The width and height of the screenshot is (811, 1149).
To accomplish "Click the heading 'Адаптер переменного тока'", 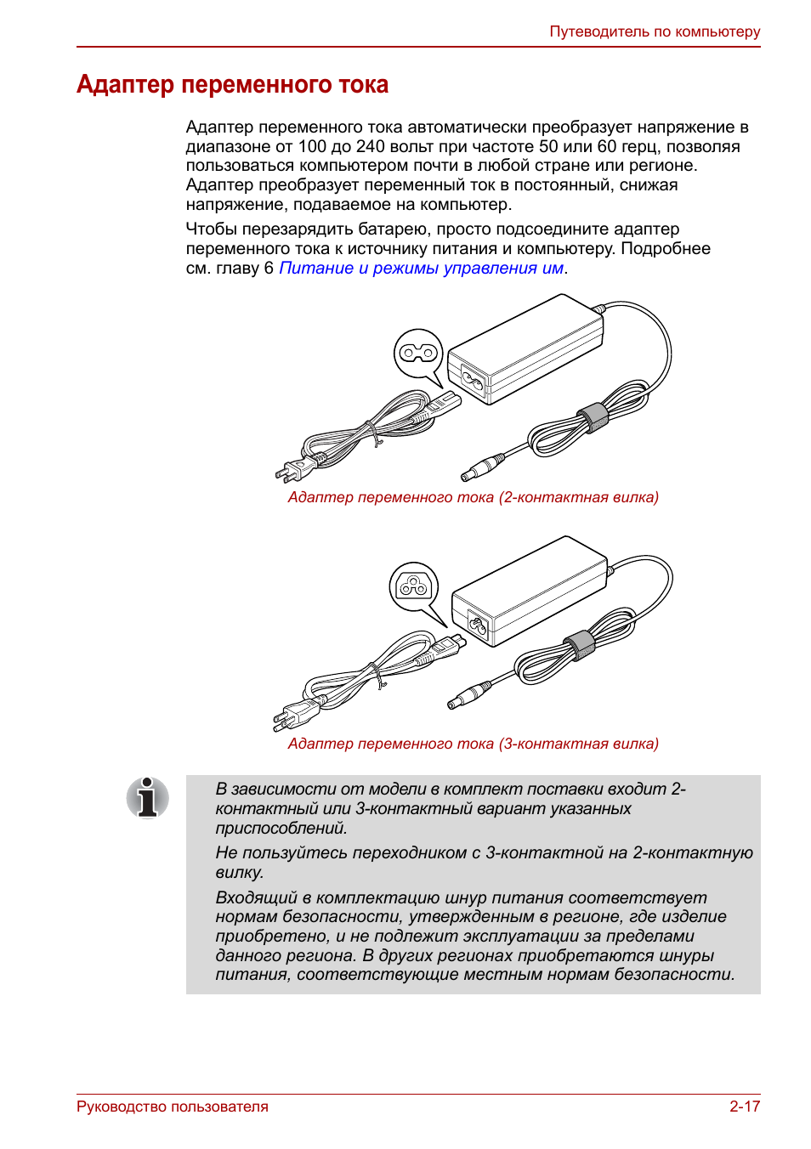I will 232,85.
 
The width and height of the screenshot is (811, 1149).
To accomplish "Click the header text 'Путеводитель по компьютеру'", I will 655,32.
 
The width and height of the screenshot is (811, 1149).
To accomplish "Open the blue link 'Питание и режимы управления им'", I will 421,269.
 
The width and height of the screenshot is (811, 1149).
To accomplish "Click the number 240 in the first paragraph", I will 370,147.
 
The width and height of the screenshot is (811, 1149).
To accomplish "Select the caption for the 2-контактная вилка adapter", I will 473,497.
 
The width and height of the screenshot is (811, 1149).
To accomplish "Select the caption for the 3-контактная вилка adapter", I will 473,744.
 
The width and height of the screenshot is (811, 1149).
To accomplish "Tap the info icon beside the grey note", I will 148,798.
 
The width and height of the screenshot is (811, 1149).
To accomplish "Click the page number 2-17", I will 744,1107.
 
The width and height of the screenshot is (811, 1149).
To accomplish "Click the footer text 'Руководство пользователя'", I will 173,1107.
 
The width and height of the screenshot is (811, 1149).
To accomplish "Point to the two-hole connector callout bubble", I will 418,352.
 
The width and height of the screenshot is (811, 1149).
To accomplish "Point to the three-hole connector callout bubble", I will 414,586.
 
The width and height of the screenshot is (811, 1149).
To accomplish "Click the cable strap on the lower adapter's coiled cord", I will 581,645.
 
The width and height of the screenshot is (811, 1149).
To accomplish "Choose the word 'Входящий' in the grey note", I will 256,898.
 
